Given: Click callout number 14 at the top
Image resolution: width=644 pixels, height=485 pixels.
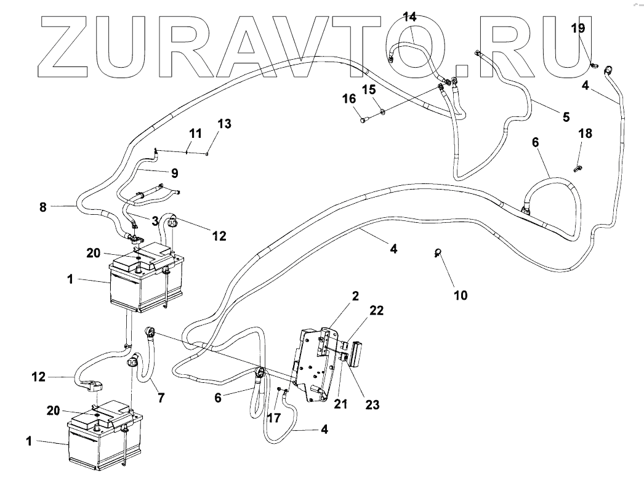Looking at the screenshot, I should click(x=409, y=17).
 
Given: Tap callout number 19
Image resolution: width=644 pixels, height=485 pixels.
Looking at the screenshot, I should click(x=578, y=28).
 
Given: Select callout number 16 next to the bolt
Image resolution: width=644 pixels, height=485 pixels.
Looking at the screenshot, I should click(x=349, y=98).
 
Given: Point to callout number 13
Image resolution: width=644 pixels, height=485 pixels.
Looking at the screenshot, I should click(x=224, y=124).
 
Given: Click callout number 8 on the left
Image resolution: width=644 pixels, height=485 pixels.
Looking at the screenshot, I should click(x=42, y=207).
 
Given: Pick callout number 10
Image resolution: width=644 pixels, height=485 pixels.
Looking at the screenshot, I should click(x=460, y=296).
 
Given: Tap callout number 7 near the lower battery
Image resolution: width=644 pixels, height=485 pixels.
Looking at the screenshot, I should click(x=161, y=398).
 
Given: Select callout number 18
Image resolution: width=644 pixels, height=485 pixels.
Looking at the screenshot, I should click(x=585, y=134).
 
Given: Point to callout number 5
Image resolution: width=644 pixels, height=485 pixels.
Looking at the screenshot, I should click(x=565, y=116).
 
